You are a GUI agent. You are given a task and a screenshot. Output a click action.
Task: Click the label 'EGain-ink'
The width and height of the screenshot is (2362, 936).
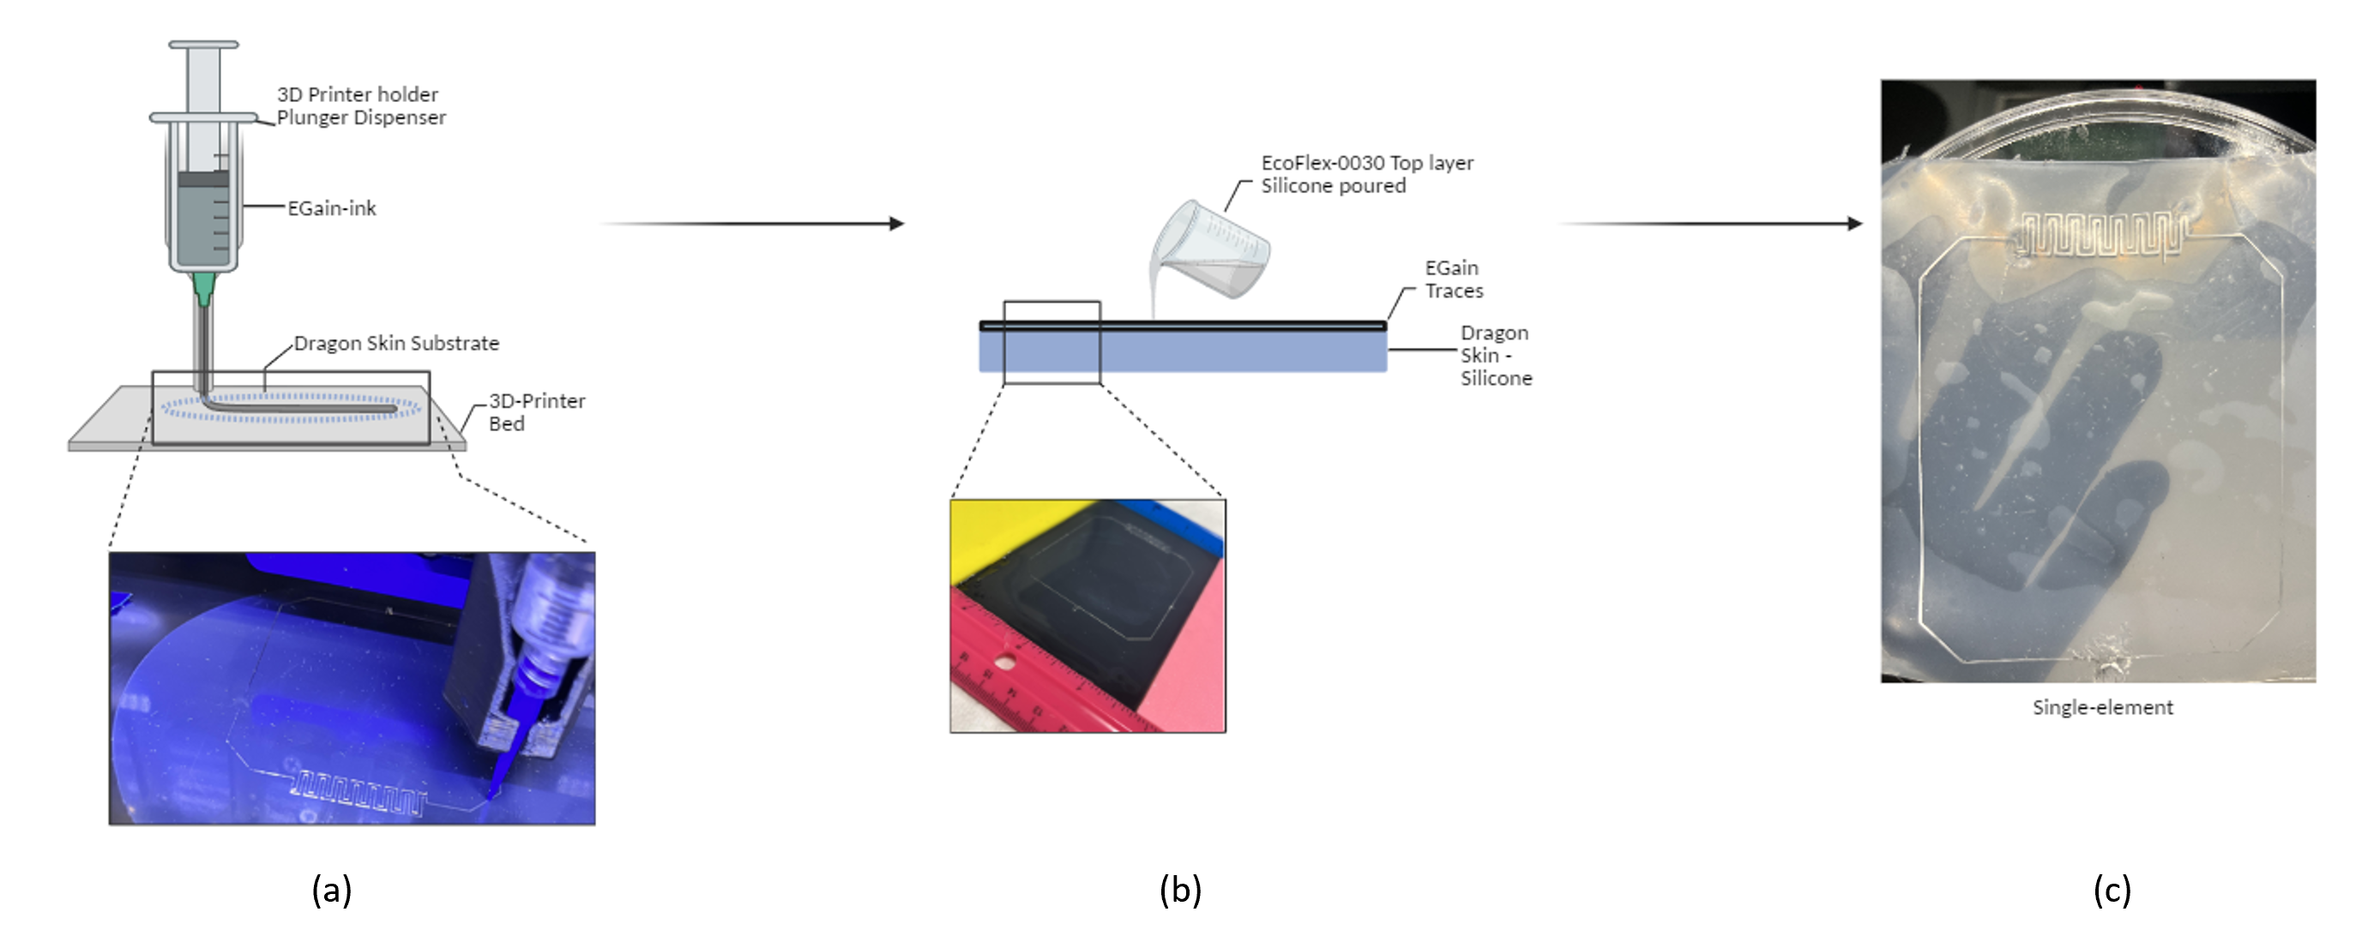pyautogui.click(x=332, y=208)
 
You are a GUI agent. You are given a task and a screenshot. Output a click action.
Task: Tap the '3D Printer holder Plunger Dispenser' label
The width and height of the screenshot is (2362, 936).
pyautogui.click(x=361, y=105)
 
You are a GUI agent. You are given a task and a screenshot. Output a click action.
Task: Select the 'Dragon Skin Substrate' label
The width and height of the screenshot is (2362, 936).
pyautogui.click(x=396, y=343)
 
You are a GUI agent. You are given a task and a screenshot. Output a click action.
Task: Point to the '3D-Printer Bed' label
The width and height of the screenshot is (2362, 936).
pyautogui.click(x=536, y=411)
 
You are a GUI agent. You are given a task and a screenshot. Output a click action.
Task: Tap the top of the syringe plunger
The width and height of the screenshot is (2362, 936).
pyautogui.click(x=203, y=44)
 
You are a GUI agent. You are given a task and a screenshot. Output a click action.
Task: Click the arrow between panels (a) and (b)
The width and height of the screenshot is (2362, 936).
pyautogui.click(x=752, y=224)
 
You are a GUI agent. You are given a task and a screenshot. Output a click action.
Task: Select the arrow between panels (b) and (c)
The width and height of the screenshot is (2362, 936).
pyautogui.click(x=1711, y=224)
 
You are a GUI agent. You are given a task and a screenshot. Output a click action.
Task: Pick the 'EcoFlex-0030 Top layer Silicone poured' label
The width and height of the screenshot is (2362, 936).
pyautogui.click(x=1367, y=173)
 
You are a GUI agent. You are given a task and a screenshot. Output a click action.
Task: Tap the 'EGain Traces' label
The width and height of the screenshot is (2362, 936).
pyautogui.click(x=1454, y=279)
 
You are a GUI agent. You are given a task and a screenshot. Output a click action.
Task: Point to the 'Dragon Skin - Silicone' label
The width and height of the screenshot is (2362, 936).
pyautogui.click(x=1496, y=355)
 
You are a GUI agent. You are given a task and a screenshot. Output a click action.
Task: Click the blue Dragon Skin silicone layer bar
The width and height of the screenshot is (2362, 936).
pyautogui.click(x=1183, y=351)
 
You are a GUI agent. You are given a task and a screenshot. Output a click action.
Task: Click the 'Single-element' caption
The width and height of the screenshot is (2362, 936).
pyautogui.click(x=2102, y=707)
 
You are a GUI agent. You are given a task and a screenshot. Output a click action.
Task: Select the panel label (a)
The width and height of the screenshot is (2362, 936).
pyautogui.click(x=332, y=889)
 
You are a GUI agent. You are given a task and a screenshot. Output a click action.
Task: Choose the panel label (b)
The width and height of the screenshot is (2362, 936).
pyautogui.click(x=1180, y=889)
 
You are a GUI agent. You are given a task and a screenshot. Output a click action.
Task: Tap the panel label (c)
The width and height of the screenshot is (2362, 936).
pyautogui.click(x=2112, y=889)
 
